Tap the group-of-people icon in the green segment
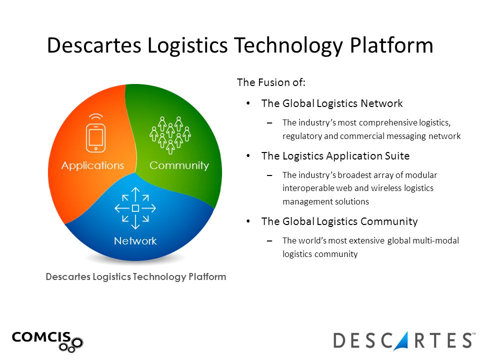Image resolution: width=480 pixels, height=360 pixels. (170, 134)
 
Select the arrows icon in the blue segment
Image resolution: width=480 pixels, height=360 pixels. (135, 207)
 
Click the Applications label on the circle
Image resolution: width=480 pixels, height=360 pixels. (92, 165)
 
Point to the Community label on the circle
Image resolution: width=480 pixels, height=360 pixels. (179, 165)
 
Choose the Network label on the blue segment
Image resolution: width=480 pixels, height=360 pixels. (135, 241)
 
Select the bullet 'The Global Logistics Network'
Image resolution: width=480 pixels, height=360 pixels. (331, 103)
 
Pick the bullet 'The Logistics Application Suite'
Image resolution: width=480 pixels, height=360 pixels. (335, 156)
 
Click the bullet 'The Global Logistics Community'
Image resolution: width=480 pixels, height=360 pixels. (339, 221)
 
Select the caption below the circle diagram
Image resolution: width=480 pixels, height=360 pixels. (135, 276)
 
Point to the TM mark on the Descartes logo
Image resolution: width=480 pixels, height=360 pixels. (472, 333)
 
